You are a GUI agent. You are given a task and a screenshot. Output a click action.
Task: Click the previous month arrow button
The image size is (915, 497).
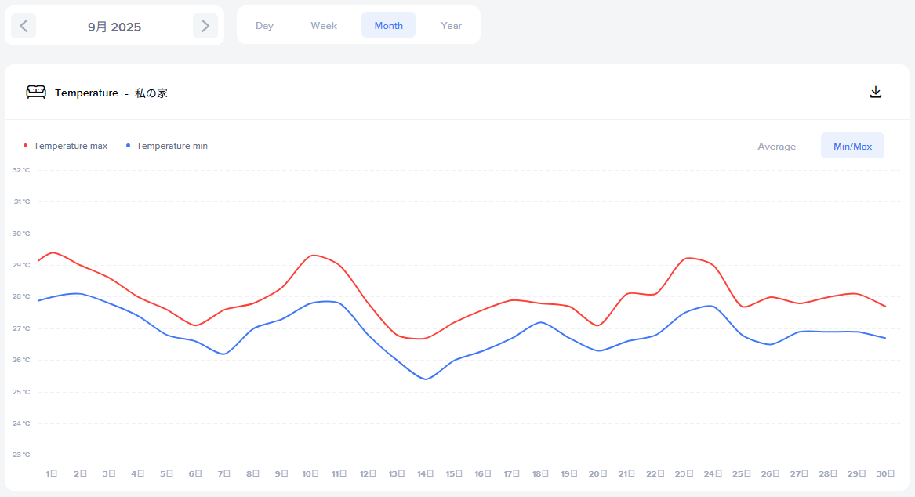[24, 26]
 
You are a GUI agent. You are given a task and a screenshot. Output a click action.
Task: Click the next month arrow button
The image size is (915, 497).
[205, 26]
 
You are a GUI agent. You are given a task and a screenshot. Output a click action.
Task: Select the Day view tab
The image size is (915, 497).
[264, 26]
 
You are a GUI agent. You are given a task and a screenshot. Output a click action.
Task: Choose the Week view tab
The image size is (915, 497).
[324, 26]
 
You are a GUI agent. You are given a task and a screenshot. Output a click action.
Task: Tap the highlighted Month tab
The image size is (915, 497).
[388, 26]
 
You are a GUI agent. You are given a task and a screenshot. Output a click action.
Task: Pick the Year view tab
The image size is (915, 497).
[451, 26]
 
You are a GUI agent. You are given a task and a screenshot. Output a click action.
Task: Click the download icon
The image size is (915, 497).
[876, 93]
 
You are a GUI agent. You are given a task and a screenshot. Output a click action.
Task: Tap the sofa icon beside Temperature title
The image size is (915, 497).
[36, 93]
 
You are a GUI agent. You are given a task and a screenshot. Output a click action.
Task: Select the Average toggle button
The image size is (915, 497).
[776, 147]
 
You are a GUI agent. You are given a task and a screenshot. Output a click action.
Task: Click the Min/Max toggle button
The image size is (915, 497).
[852, 147]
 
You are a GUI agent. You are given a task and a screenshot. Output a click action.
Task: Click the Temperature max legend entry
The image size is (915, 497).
[70, 146]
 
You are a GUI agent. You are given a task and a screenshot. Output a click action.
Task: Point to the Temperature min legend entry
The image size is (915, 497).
[171, 146]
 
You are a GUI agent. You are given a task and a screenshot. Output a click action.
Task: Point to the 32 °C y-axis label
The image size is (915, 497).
[22, 170]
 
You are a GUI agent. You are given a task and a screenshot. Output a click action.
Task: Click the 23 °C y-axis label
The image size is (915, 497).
[22, 455]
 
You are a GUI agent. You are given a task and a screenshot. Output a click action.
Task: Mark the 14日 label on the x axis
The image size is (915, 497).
[426, 473]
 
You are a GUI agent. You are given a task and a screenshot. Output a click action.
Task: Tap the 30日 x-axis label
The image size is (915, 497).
[886, 473]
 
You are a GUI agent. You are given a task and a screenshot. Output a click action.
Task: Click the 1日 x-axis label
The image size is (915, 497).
[52, 473]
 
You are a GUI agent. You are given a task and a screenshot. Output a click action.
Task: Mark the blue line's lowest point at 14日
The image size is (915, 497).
[426, 379]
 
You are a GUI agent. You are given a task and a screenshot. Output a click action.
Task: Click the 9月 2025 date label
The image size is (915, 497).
[114, 27]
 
